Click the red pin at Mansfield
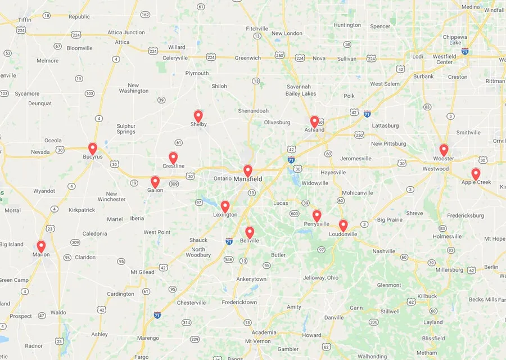(x=247, y=170)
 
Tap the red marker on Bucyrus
(x=93, y=148)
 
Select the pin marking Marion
(x=41, y=246)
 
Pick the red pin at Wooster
(x=444, y=150)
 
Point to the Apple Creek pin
(x=476, y=174)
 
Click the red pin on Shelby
(x=198, y=116)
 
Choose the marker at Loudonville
(x=343, y=225)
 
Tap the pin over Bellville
(x=250, y=232)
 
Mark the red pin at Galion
(x=155, y=182)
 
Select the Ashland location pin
(x=314, y=121)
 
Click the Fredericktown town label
(x=240, y=303)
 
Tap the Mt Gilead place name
(x=142, y=272)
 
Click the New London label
(x=287, y=34)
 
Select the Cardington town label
(x=121, y=294)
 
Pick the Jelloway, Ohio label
(x=321, y=278)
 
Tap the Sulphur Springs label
(x=126, y=129)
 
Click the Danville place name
(x=334, y=318)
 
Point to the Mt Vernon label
(x=257, y=341)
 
